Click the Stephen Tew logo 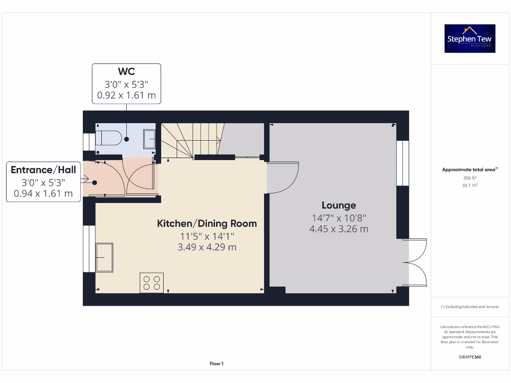pyautogui.click(x=470, y=38)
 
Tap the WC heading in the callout pyautogui.click(x=126, y=72)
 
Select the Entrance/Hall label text pyautogui.click(x=43, y=170)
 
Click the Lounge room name pyautogui.click(x=338, y=205)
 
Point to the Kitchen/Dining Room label pyautogui.click(x=207, y=223)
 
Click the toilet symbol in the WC pyautogui.click(x=108, y=138)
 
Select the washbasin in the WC pyautogui.click(x=149, y=139)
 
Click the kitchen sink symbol pyautogui.click(x=104, y=257)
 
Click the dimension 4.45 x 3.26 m pyautogui.click(x=338, y=229)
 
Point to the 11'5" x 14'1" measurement pyautogui.click(x=207, y=236)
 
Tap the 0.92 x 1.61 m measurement pyautogui.click(x=126, y=95)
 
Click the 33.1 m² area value pyautogui.click(x=470, y=185)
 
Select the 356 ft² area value pyautogui.click(x=470, y=178)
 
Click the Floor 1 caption pyautogui.click(x=217, y=364)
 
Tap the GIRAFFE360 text pyautogui.click(x=470, y=357)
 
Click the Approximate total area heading pyautogui.click(x=469, y=170)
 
